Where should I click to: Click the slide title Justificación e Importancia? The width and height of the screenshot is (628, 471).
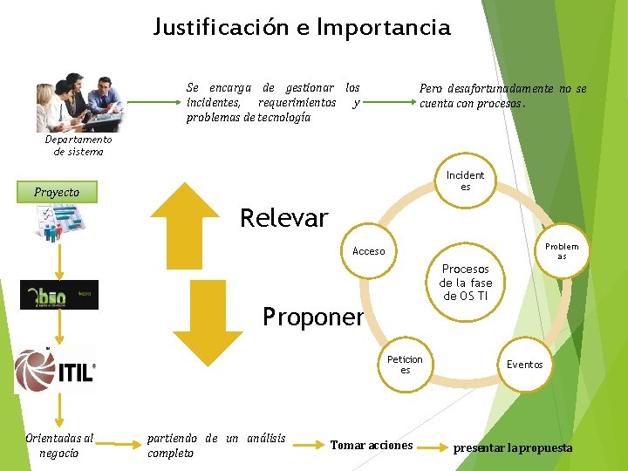[x=302, y=27]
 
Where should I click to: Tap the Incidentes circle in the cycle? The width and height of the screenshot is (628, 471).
[x=465, y=181]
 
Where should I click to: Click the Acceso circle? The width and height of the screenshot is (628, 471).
[x=368, y=251]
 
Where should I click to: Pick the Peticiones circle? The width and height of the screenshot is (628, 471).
[x=405, y=365]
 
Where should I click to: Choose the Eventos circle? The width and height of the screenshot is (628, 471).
[x=525, y=365]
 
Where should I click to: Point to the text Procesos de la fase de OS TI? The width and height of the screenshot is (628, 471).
[x=466, y=283]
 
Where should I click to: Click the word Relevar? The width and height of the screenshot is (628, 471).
[x=284, y=218]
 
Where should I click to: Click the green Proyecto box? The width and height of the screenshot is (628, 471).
[x=58, y=192]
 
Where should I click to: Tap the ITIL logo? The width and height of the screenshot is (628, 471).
[x=56, y=371]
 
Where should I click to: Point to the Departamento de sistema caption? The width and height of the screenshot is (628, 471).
[x=78, y=145]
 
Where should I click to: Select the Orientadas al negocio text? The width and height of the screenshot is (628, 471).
[x=59, y=445]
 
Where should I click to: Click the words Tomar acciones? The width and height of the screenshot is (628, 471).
[x=372, y=446]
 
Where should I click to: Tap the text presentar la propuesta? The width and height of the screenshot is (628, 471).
[x=513, y=447]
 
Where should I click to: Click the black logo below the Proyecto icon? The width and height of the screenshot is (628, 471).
[x=59, y=295]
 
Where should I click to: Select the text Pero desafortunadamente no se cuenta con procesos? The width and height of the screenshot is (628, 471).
[x=502, y=96]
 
